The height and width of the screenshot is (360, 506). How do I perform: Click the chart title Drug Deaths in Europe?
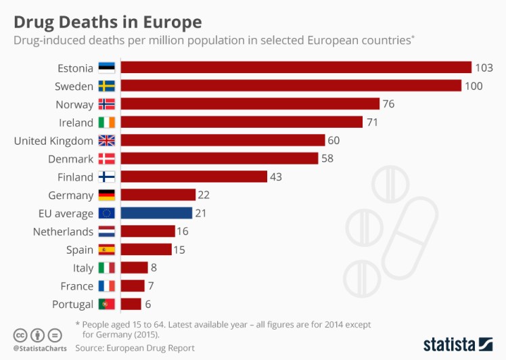pyautogui.click(x=108, y=22)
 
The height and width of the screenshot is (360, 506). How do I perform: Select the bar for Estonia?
pyautogui.click(x=296, y=68)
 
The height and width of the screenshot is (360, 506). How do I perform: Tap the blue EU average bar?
pyautogui.click(x=156, y=213)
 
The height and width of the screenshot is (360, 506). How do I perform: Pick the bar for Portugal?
pyautogui.click(x=131, y=304)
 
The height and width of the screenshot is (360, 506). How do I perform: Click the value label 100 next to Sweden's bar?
pyautogui.click(x=472, y=86)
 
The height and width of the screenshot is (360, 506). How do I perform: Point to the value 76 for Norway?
pyautogui.click(x=388, y=104)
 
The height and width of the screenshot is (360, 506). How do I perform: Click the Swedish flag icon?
pyautogui.click(x=107, y=86)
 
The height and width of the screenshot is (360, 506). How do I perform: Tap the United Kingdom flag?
pyautogui.click(x=107, y=141)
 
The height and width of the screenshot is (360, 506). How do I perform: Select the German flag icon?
pyautogui.click(x=107, y=195)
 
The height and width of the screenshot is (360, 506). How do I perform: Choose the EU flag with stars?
pyautogui.click(x=107, y=213)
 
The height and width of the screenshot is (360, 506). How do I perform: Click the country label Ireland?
pyautogui.click(x=76, y=122)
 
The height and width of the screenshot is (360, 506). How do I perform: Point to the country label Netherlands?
pyautogui.click(x=63, y=231)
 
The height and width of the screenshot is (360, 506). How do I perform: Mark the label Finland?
pyautogui.click(x=75, y=177)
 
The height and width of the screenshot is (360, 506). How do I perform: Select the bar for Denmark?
pyautogui.click(x=219, y=158)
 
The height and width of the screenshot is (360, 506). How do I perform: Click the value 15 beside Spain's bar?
pyautogui.click(x=178, y=250)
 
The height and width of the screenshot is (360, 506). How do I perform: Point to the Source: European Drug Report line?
pyautogui.click(x=135, y=348)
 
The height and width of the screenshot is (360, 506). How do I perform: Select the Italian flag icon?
pyautogui.click(x=107, y=268)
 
